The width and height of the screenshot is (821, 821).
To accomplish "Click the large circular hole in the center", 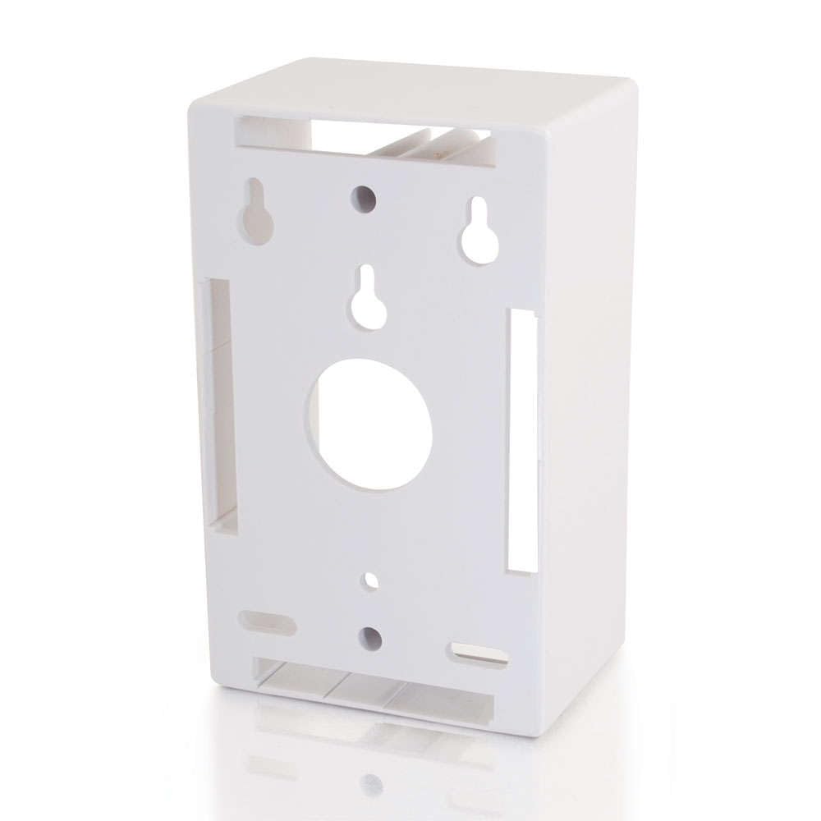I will coord(369,424).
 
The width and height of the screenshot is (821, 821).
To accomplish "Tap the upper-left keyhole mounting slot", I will coord(256,213).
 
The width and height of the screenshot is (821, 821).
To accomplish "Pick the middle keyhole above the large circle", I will coord(369,300).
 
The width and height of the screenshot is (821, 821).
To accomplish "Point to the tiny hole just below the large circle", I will coord(371,580).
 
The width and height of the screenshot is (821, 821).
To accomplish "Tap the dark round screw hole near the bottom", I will coord(371,638).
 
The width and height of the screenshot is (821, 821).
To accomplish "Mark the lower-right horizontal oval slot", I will coord(479,654).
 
